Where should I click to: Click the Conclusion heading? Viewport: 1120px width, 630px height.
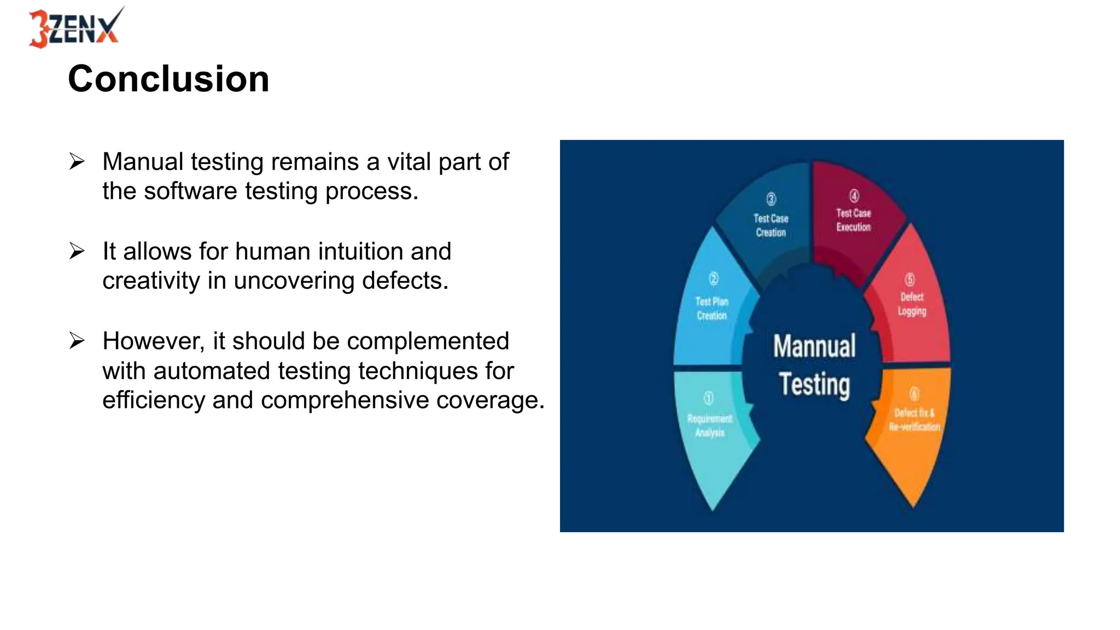coord(168,79)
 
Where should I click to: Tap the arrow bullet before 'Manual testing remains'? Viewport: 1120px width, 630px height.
coord(77,162)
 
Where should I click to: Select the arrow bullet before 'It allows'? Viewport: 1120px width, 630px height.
coord(77,252)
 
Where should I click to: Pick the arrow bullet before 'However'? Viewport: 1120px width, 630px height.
coord(77,341)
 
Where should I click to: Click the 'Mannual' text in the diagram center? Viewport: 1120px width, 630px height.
coord(814,347)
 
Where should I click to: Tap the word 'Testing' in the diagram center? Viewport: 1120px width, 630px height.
coord(814,384)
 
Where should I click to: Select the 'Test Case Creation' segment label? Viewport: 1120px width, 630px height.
coord(771,225)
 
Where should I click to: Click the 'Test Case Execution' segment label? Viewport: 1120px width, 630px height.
coord(853,220)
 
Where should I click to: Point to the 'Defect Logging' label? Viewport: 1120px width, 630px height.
coord(912,304)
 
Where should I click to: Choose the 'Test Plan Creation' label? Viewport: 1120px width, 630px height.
coord(711,308)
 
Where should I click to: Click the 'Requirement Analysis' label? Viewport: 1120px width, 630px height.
coord(709,425)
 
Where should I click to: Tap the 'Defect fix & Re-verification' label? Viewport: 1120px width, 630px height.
coord(914,419)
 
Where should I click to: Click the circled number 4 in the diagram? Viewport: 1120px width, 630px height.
coord(854,196)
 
